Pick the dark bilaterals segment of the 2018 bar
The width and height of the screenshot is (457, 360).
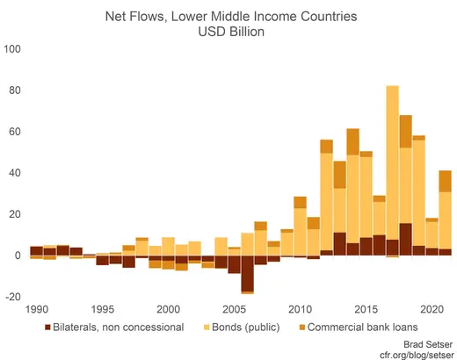406,240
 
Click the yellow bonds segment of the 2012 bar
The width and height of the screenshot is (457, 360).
326,202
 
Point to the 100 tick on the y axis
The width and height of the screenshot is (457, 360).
14,49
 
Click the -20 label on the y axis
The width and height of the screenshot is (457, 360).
13,297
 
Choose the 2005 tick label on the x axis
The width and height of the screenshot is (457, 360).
234,310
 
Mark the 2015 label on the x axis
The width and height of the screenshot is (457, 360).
366,310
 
